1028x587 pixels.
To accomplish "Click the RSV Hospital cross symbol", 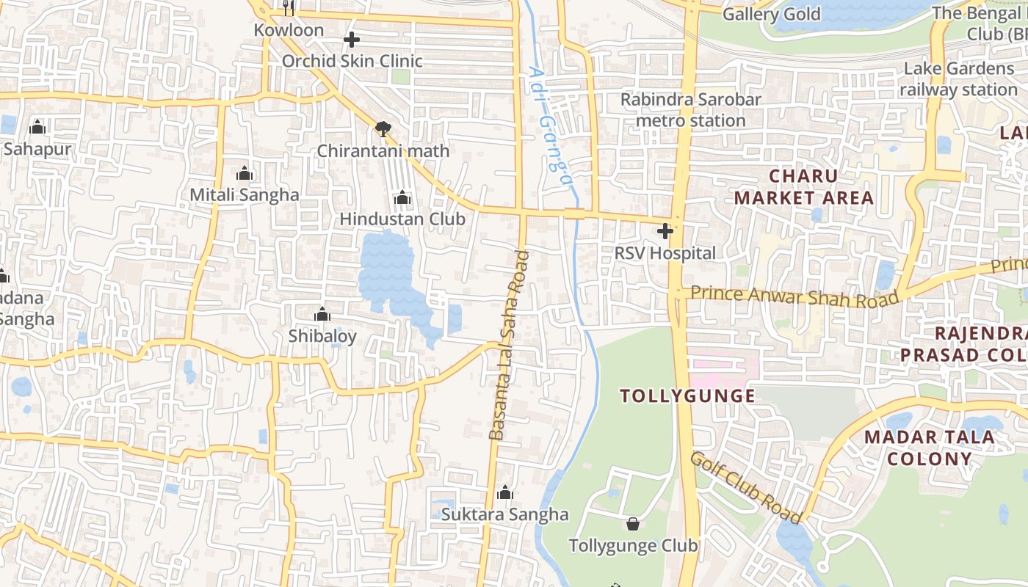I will (x=665, y=231).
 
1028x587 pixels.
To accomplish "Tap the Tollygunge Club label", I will (x=633, y=546).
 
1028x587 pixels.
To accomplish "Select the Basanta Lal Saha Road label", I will (x=510, y=345).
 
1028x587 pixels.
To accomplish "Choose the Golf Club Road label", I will (x=745, y=487).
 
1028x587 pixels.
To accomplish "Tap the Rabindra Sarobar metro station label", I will (x=690, y=109).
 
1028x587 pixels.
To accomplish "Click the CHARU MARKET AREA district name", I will (x=804, y=186).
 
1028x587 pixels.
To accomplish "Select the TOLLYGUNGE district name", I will (x=687, y=396).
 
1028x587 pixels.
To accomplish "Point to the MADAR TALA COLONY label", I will (x=929, y=448).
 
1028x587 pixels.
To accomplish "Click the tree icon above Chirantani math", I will (x=383, y=129).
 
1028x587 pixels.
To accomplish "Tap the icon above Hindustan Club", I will (x=402, y=197).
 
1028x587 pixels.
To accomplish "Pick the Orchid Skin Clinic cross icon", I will (x=352, y=40).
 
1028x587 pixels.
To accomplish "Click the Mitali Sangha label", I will (x=245, y=194).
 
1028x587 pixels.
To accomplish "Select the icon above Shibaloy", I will (x=322, y=315).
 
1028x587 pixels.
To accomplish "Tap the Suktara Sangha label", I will (x=504, y=514).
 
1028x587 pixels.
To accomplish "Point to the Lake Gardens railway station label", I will (x=958, y=79).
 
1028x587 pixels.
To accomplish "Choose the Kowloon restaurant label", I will (x=289, y=30).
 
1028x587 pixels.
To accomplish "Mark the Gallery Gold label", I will (x=772, y=14).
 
